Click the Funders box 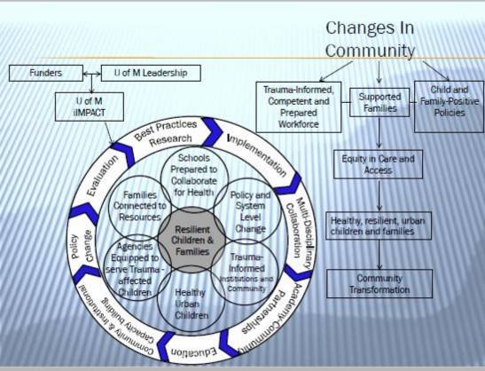tap(46, 72)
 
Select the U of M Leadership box tap(150, 72)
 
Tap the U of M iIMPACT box tap(89, 107)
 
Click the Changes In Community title tap(370, 39)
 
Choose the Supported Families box tap(379, 101)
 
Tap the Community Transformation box tap(379, 283)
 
